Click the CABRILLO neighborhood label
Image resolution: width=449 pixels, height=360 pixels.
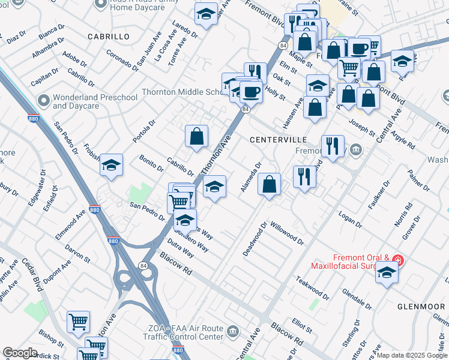coord(108,37)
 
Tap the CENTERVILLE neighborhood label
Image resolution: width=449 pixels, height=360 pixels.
coord(278,139)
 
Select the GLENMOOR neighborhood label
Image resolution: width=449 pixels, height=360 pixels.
coord(421,306)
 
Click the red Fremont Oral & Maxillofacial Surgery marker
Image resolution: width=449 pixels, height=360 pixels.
coord(398,260)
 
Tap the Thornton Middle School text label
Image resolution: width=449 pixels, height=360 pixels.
coord(181,92)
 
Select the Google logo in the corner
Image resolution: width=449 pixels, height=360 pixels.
coord(20,353)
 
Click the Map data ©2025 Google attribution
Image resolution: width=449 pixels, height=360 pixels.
coord(412,355)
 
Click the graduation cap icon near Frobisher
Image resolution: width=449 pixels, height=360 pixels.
coord(111,165)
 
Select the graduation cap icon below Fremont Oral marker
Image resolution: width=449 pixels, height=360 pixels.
coord(387,273)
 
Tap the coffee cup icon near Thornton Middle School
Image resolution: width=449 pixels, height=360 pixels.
coord(251,93)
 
